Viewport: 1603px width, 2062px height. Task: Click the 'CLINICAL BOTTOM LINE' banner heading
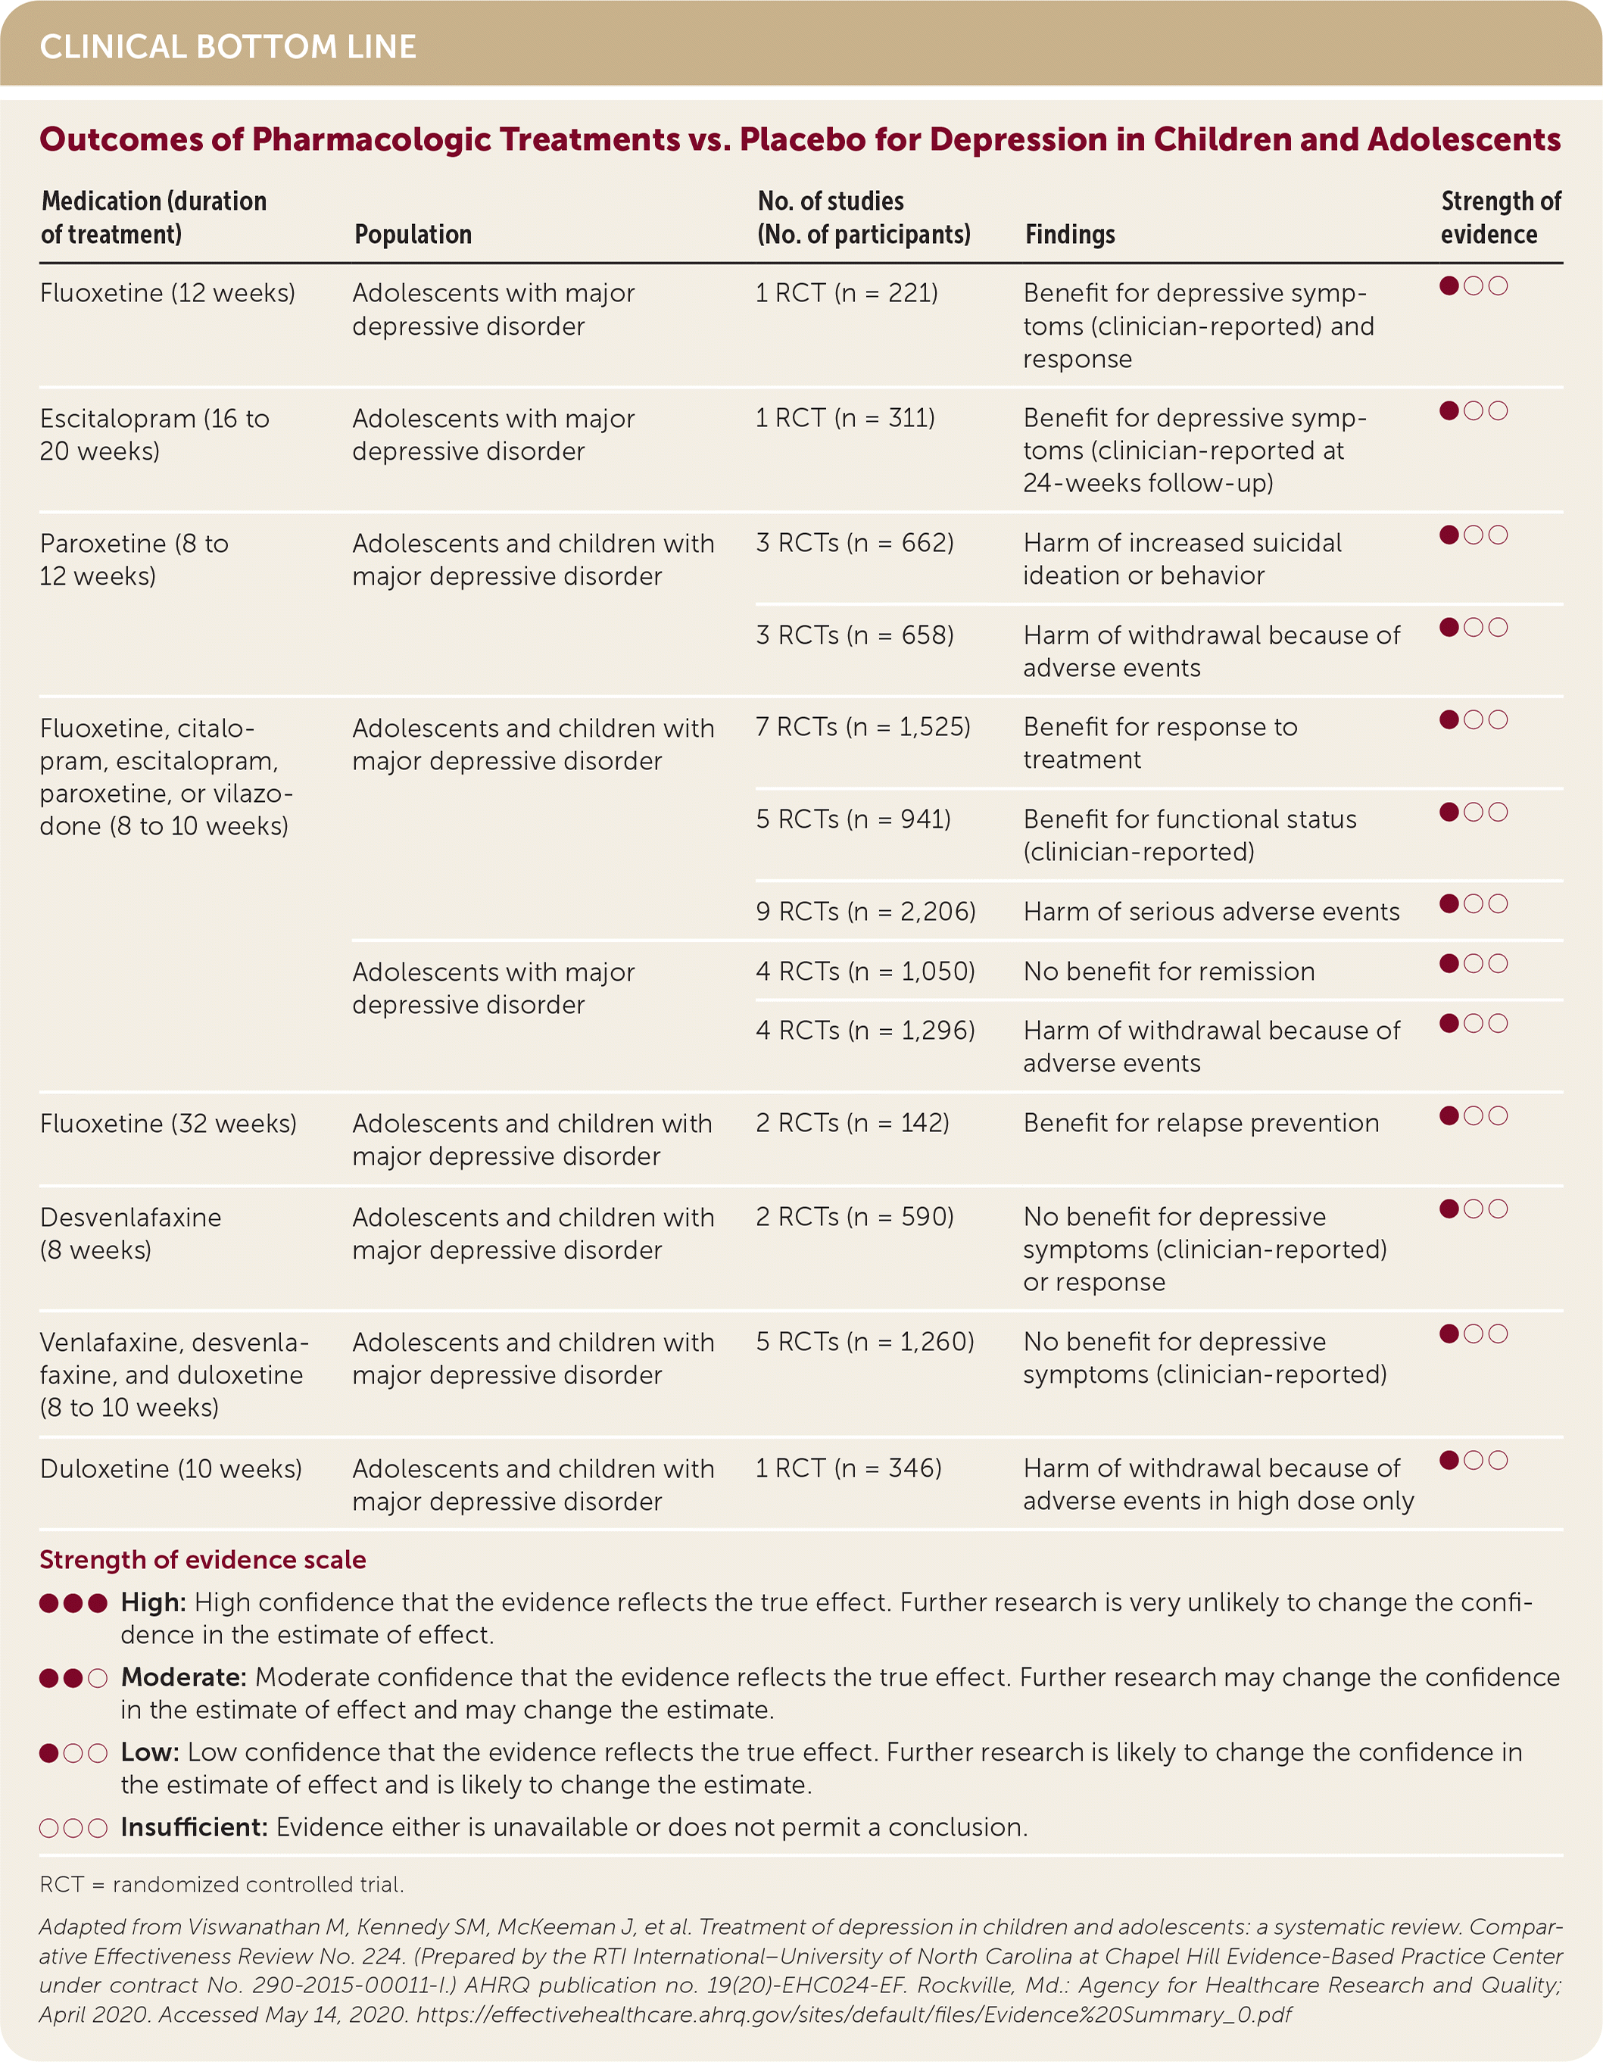227,46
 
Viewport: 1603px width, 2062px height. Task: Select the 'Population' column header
413,234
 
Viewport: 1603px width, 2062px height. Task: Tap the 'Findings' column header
1070,234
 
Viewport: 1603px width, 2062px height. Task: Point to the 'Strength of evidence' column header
1500,217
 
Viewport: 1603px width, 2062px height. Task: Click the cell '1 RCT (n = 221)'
846,294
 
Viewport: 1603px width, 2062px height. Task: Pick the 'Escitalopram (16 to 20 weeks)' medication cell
154,435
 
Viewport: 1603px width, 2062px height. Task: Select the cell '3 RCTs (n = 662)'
854,543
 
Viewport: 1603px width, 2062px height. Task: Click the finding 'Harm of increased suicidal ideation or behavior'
1181,559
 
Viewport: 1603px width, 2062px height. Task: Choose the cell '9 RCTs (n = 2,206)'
865,911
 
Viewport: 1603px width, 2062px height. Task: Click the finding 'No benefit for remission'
1168,972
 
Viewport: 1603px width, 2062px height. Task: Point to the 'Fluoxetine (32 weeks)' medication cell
168,1124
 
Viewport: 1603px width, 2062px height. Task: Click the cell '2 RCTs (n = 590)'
854,1216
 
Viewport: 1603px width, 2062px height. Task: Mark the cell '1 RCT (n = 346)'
848,1468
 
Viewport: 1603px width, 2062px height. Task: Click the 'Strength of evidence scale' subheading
202,1560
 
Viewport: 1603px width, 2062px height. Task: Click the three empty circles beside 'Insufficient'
73,1827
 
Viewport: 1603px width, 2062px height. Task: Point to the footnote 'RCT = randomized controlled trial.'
221,1885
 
